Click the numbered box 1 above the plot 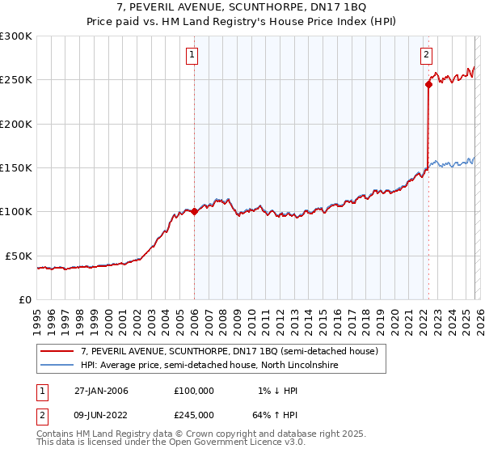[192, 55]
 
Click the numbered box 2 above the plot [425, 55]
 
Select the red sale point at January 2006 [194, 212]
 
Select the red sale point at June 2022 [428, 84]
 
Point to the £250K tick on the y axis [16, 80]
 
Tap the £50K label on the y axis [19, 256]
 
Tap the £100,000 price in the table [194, 391]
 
